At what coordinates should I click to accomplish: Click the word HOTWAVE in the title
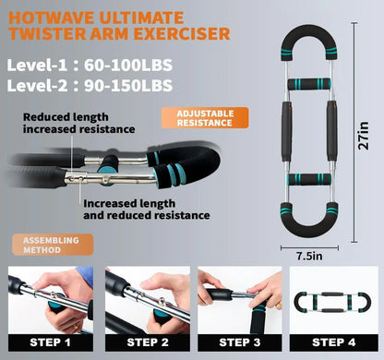click(x=52, y=18)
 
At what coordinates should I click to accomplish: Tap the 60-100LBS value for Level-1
click(x=128, y=66)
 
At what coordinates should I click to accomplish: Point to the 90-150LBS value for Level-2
click(x=128, y=86)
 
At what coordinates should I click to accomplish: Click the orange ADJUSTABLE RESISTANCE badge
click(x=205, y=118)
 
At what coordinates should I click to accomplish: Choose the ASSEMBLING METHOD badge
click(x=53, y=245)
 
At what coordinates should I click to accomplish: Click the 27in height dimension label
click(x=364, y=136)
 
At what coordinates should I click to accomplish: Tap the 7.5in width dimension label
click(x=309, y=256)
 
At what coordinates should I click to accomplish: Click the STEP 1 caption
click(x=51, y=342)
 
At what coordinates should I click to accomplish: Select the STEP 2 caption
click(x=148, y=342)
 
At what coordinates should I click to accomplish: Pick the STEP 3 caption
click(x=240, y=342)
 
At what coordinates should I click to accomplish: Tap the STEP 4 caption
click(x=334, y=342)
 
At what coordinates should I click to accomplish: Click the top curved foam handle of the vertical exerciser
click(x=309, y=31)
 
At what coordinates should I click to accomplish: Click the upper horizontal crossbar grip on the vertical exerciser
click(x=309, y=84)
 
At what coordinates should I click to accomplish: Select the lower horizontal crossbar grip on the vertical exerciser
click(x=309, y=179)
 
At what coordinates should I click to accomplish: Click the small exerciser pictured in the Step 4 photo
click(x=332, y=302)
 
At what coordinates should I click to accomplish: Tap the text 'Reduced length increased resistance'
click(x=79, y=123)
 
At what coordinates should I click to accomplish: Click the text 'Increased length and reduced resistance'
click(x=147, y=210)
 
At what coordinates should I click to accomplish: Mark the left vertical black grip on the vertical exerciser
click(x=286, y=131)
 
